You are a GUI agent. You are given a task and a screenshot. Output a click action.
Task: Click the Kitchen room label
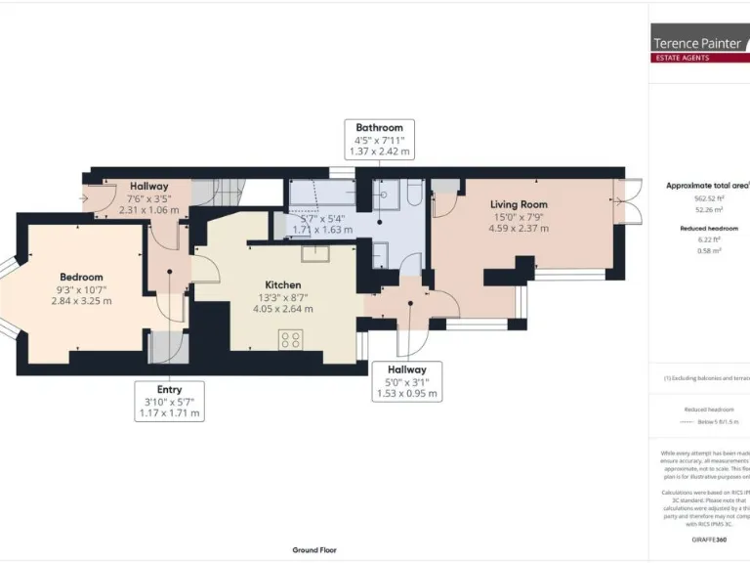(281, 284)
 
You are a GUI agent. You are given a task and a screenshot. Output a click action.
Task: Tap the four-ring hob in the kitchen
(290, 339)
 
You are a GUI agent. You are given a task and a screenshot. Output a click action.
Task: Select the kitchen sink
(315, 253)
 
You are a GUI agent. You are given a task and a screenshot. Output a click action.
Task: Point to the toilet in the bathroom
(413, 198)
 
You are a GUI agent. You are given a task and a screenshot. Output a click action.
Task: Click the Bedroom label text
(81, 277)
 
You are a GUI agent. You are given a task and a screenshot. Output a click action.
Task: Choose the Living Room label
(519, 204)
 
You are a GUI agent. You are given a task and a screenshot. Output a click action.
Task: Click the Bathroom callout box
(379, 140)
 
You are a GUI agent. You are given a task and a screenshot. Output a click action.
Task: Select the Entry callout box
(169, 402)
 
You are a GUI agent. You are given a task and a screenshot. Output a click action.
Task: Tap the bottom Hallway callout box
(407, 381)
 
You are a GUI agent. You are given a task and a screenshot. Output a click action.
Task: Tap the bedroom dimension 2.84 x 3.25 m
(81, 301)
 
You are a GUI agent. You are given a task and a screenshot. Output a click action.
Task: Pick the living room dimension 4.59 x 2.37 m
(519, 229)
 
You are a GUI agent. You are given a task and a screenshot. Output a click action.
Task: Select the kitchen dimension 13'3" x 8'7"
(281, 297)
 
